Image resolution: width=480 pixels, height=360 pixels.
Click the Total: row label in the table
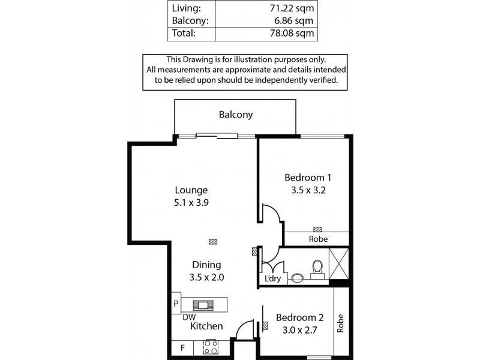184,34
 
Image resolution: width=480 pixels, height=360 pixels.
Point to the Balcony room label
235,115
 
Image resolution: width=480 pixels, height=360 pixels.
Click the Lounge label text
191,190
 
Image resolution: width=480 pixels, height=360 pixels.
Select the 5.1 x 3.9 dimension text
191,203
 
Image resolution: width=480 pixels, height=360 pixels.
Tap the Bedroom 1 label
308,178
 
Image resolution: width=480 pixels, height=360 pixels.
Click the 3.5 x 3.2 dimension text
308,190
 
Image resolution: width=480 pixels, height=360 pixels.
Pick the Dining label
206,265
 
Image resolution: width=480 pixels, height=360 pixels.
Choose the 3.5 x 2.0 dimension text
206,277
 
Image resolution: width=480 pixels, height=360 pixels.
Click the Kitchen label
206,326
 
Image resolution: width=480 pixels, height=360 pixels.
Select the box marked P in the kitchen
176,304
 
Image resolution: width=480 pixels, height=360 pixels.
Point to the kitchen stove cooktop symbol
211,347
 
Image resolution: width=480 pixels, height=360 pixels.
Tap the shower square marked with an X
339,263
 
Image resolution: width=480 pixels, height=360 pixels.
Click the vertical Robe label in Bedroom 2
340,323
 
